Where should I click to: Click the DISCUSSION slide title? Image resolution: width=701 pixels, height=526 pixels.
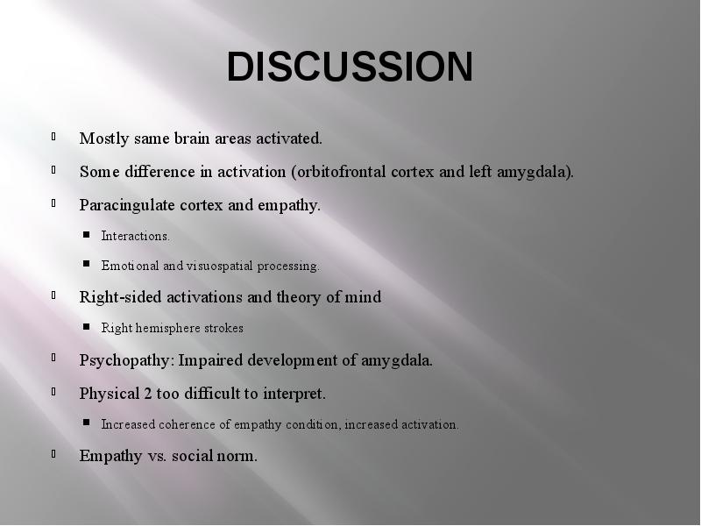point(350,67)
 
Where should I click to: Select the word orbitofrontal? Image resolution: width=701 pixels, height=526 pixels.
point(341,172)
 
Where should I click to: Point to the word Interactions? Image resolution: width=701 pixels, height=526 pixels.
point(136,236)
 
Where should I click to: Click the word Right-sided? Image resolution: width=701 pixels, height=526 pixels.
point(120,297)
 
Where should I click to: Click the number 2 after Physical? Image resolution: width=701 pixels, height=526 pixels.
point(147,394)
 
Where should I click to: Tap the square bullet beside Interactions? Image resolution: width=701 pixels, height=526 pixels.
point(86,234)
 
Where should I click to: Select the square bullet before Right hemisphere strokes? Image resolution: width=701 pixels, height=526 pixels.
point(86,326)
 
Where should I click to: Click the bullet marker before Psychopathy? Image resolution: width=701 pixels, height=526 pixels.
point(53,358)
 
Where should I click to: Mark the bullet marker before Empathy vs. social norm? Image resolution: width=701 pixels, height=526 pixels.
point(53,453)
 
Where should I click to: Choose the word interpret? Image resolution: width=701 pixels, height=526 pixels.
point(294,394)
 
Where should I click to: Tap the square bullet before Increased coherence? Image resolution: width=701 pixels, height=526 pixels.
point(86,423)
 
